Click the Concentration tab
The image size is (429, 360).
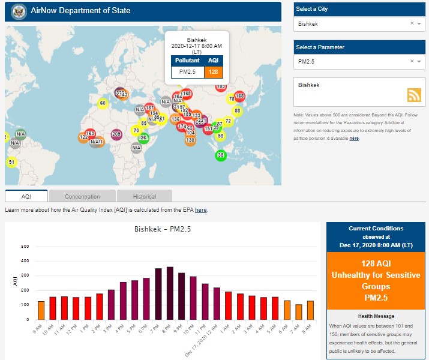(x=82, y=196)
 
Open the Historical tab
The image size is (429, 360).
(x=145, y=196)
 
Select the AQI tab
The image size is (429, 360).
(x=26, y=196)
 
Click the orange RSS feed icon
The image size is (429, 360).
(x=415, y=95)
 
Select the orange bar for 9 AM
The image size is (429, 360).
(x=41, y=310)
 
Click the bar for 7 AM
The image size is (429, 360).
(x=298, y=312)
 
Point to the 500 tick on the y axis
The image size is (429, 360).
(x=25, y=247)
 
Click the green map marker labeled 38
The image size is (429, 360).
(x=221, y=155)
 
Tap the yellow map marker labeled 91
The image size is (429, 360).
(x=11, y=162)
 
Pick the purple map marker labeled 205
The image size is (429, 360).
(x=116, y=134)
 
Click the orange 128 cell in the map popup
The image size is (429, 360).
(x=213, y=72)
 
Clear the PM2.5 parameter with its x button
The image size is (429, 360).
(x=412, y=61)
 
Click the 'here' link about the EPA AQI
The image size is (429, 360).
(x=200, y=210)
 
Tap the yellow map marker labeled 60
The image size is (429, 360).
(x=103, y=103)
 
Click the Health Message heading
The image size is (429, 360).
(x=376, y=316)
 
